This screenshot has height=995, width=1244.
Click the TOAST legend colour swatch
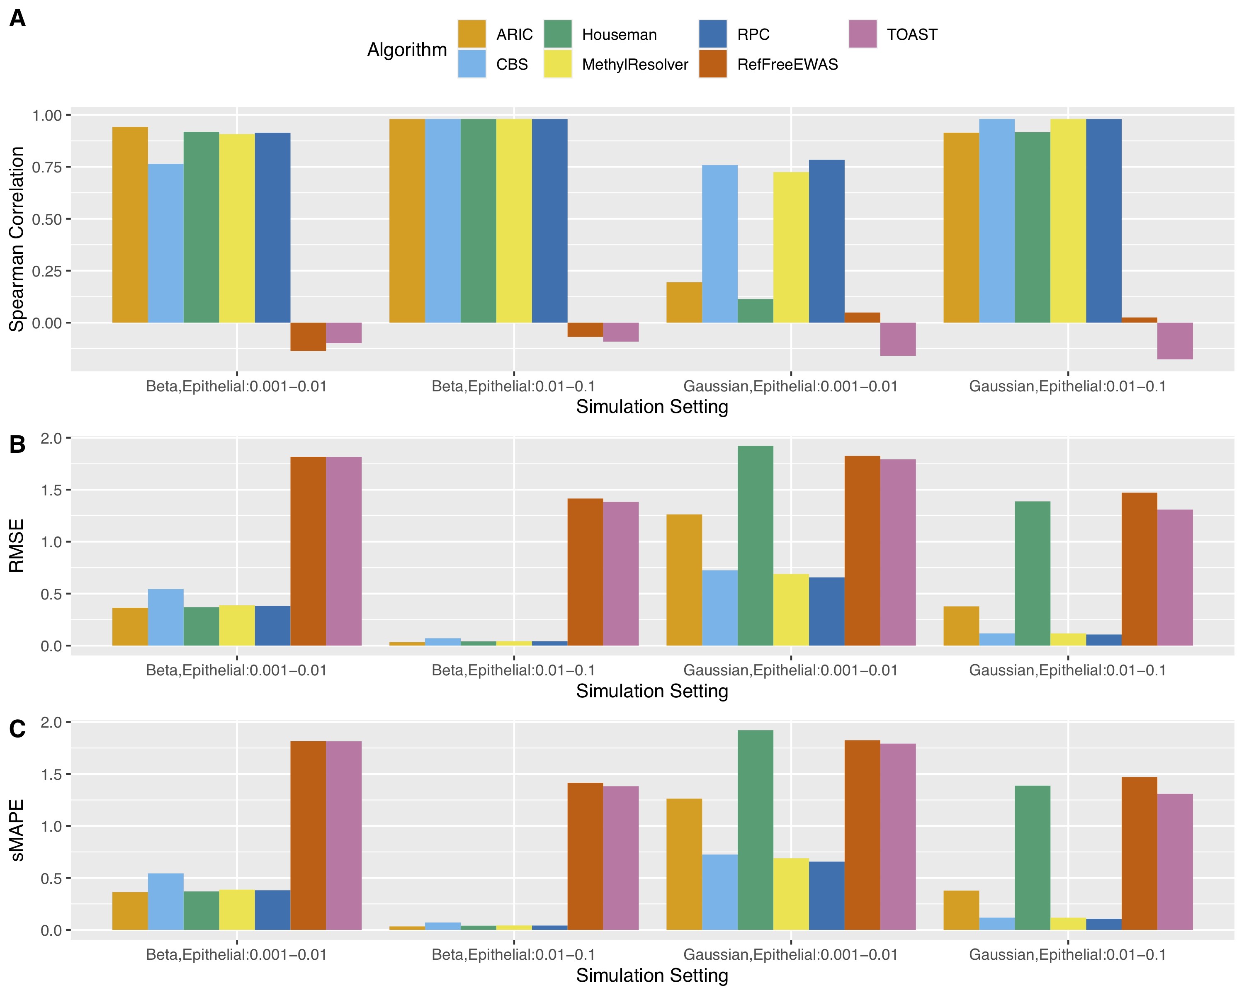(x=863, y=34)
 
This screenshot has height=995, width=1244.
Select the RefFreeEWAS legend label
(x=787, y=65)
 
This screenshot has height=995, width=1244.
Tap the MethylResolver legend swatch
(x=557, y=64)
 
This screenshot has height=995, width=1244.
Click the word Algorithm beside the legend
(x=407, y=50)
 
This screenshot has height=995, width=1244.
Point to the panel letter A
(x=17, y=19)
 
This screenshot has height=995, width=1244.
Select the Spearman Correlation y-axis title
(x=17, y=239)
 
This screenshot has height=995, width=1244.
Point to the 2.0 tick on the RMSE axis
(x=51, y=438)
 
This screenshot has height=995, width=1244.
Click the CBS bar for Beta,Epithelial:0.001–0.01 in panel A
(x=165, y=243)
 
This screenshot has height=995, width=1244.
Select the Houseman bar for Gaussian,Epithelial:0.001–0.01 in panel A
(x=755, y=311)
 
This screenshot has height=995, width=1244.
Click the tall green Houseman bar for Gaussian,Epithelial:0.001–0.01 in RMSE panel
(x=755, y=546)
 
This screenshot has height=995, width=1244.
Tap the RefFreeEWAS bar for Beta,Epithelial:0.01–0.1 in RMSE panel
(x=585, y=572)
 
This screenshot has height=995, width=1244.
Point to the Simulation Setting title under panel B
(x=652, y=691)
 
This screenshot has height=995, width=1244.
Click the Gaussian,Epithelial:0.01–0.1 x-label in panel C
(x=1067, y=955)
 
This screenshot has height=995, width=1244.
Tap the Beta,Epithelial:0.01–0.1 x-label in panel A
(x=513, y=386)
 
